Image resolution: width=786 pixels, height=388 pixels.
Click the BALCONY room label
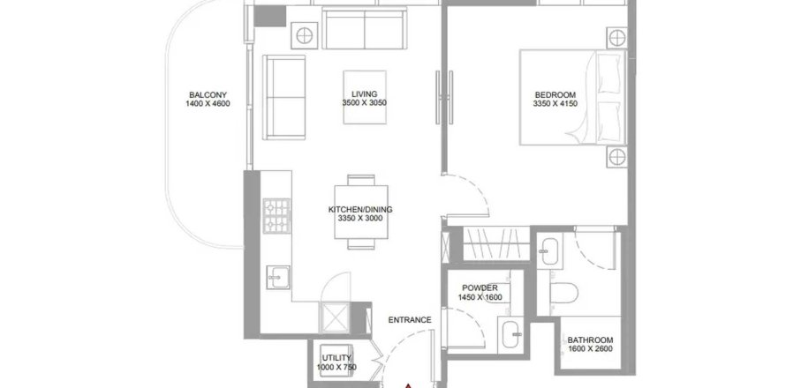pyautogui.click(x=208, y=99)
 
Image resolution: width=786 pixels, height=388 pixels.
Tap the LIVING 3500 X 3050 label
pyautogui.click(x=365, y=98)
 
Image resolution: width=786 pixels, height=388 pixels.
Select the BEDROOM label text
pyautogui.click(x=555, y=99)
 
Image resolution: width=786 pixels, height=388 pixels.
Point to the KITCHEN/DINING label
pyautogui.click(x=360, y=213)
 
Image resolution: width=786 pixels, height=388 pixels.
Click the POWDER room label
pyautogui.click(x=480, y=293)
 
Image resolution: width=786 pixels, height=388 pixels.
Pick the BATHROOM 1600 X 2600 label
pyautogui.click(x=590, y=344)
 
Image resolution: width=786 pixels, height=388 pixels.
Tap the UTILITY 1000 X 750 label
pyautogui.click(x=336, y=362)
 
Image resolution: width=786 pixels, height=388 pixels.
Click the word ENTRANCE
pyautogui.click(x=410, y=320)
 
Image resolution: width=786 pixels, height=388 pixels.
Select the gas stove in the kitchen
pyautogui.click(x=276, y=216)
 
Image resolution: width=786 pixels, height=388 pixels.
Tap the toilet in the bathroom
pyautogui.click(x=564, y=293)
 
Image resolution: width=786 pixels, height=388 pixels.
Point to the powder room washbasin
pyautogui.click(x=511, y=333)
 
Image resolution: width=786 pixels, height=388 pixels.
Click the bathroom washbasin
pyautogui.click(x=550, y=251)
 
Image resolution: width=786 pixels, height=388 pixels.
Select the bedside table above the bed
pyautogui.click(x=616, y=38)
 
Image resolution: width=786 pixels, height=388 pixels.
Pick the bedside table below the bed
pyautogui.click(x=616, y=157)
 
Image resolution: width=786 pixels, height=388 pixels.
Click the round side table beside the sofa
pyautogui.click(x=305, y=35)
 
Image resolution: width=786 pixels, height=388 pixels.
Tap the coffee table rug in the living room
pyautogui.click(x=365, y=97)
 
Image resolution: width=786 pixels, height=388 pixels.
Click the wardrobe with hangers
pyautogui.click(x=496, y=243)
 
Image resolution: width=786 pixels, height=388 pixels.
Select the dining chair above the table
pyautogui.click(x=361, y=180)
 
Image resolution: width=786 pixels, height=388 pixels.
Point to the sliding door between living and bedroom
pyautogui.click(x=444, y=98)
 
